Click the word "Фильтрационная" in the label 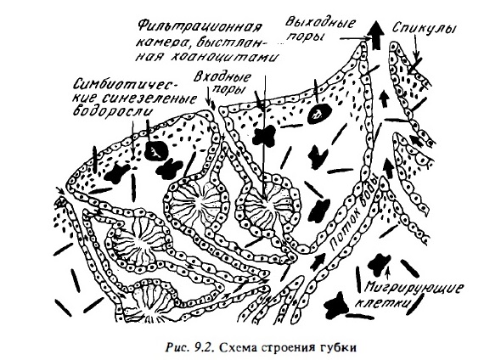pos(200,26)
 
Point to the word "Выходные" pos(320,23)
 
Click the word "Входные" pos(222,77)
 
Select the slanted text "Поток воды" pos(353,213)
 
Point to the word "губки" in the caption pos(342,348)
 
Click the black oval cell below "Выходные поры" pos(319,112)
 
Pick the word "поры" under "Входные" pos(229,89)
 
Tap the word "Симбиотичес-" pos(127,85)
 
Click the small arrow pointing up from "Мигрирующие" pos(388,275)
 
